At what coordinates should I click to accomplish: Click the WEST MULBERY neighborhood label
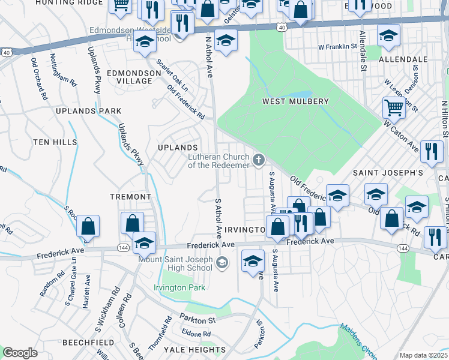tap(295, 101)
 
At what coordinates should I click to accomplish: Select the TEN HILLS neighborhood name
tap(55, 142)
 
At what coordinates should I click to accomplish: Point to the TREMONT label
tap(130, 197)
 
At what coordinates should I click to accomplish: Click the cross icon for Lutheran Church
tap(259, 160)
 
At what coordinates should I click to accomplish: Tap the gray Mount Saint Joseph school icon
tap(222, 262)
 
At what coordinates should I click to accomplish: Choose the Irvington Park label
tap(179, 287)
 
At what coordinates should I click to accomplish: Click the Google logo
tap(20, 353)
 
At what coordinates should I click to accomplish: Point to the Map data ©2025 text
tap(423, 355)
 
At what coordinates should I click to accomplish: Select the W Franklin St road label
tap(338, 46)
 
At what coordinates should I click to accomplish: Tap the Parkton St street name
tap(195, 320)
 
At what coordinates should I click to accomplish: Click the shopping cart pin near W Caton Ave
tap(394, 108)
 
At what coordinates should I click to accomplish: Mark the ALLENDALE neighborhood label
tap(403, 60)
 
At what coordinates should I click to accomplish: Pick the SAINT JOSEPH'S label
tap(387, 173)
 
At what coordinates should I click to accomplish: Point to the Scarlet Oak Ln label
tap(172, 75)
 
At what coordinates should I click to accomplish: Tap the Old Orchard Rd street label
tap(40, 78)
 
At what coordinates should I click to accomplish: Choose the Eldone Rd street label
tap(196, 333)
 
